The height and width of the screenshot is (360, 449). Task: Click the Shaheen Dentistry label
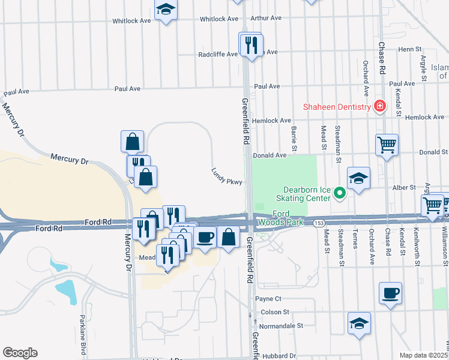pos(336,107)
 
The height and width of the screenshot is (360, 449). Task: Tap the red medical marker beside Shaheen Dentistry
pos(379,107)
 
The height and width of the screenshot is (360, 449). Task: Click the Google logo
pos(20,353)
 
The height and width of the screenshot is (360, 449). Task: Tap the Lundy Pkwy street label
pos(227,176)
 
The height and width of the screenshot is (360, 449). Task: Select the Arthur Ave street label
pos(266,18)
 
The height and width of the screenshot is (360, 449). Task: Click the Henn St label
pos(406,49)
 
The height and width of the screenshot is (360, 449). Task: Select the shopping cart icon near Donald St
pos(387,144)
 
